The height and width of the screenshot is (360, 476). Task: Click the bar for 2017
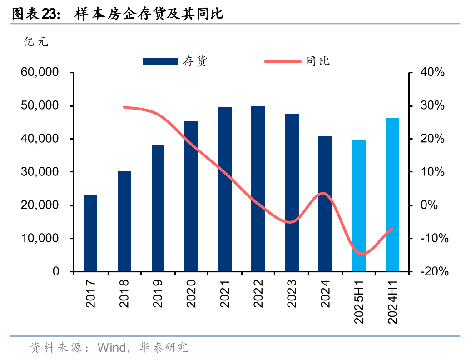90,233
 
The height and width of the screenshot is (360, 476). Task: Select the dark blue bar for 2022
258,189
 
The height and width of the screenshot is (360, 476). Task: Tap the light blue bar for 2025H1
359,206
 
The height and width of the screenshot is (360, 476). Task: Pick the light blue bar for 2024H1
392,195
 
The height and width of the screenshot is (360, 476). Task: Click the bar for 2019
158,209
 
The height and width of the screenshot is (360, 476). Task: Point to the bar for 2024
325,204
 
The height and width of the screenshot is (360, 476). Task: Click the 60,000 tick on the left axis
40,73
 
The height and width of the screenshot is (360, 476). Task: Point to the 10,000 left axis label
40,239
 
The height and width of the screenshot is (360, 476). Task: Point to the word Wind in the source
112,348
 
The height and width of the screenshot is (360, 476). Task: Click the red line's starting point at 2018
124,107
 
